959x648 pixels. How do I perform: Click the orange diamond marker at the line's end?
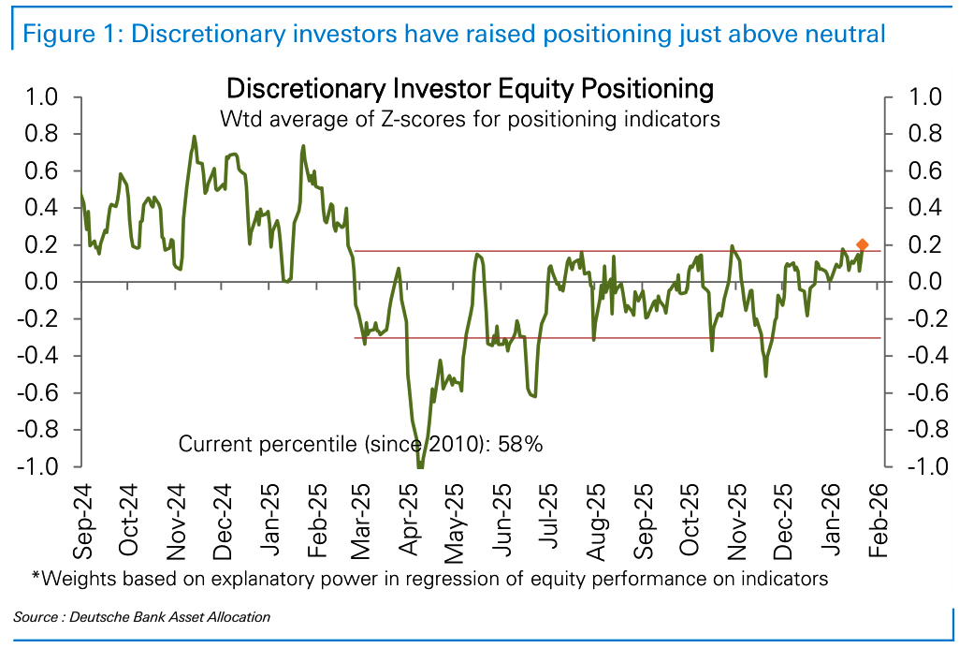click(863, 244)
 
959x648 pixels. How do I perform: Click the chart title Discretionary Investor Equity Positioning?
click(470, 89)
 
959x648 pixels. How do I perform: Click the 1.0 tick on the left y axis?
click(39, 97)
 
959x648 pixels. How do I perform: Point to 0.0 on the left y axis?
click(39, 282)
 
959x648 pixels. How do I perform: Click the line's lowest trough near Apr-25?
click(420, 465)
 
